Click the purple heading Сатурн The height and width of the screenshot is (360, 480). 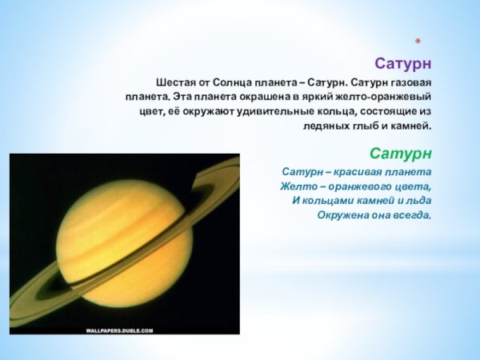click(x=405, y=62)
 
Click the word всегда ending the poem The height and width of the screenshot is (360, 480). click(x=414, y=215)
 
